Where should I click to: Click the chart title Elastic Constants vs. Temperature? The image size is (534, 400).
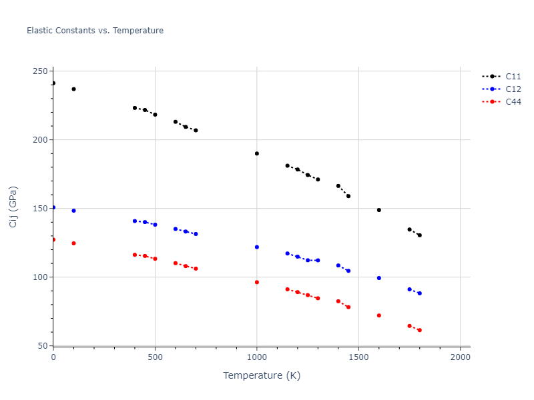(95, 31)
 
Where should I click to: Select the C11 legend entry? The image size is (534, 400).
(513, 76)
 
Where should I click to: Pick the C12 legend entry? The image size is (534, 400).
(513, 89)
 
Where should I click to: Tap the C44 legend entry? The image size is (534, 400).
(513, 102)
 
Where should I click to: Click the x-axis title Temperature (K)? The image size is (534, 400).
(262, 375)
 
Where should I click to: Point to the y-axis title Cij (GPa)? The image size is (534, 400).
(13, 207)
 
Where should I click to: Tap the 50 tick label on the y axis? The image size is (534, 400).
(43, 346)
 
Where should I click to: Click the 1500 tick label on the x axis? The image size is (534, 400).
(358, 357)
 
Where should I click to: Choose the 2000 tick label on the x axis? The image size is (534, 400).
(461, 357)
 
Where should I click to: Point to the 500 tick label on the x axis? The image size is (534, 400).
(155, 357)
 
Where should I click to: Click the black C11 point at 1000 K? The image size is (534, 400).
(257, 153)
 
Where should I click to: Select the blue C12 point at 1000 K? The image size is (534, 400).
(257, 247)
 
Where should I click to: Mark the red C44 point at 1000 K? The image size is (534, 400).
(257, 282)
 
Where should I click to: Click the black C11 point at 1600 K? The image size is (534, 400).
(379, 210)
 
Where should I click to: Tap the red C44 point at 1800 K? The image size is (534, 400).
(420, 330)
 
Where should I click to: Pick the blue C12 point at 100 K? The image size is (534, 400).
(73, 211)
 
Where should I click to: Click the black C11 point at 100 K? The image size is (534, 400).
(73, 89)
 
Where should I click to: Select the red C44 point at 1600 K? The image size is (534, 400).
(379, 315)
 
